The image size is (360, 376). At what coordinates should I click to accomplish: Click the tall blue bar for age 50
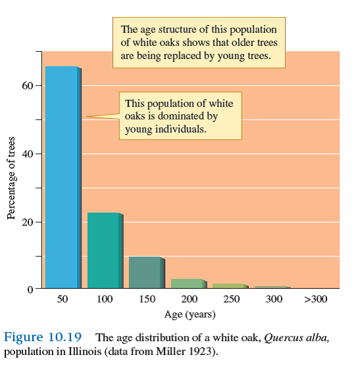click(61, 177)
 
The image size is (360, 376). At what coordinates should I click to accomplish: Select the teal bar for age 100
click(104, 251)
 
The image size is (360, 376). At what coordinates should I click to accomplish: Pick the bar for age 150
click(145, 272)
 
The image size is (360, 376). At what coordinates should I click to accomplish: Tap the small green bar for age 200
click(187, 283)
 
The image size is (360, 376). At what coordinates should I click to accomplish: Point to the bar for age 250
click(229, 286)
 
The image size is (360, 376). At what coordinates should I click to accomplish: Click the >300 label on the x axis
click(316, 299)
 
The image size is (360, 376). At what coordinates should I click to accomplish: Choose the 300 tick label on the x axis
click(274, 299)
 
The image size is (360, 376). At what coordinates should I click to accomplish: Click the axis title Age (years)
click(189, 314)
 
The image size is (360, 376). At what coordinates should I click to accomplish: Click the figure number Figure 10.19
click(43, 337)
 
